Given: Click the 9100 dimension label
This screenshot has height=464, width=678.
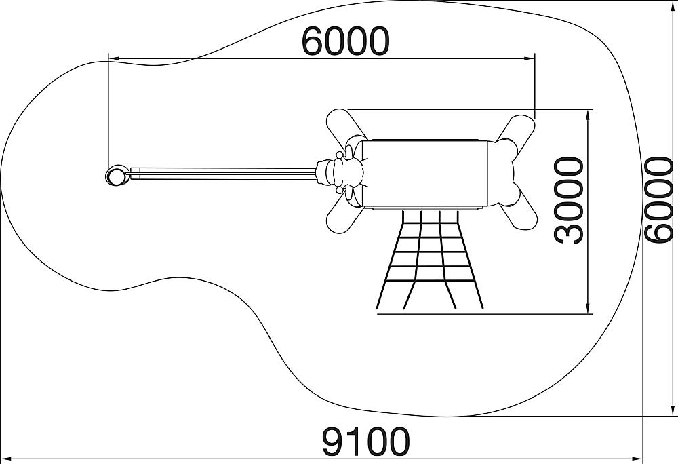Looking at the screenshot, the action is pyautogui.click(x=365, y=442).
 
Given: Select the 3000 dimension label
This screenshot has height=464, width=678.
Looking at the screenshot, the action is pyautogui.click(x=569, y=200).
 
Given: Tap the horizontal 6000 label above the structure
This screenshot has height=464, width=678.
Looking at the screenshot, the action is pyautogui.click(x=346, y=41).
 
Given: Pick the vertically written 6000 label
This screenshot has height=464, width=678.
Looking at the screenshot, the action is pyautogui.click(x=658, y=199).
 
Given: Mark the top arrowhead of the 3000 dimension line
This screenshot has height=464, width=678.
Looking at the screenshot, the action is pyautogui.click(x=588, y=115).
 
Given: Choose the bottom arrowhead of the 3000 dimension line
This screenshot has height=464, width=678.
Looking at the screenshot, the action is pyautogui.click(x=588, y=307).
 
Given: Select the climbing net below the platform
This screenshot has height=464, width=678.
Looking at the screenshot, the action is pyautogui.click(x=430, y=259).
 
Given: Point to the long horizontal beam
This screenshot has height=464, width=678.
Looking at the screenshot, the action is pyautogui.click(x=222, y=174).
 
